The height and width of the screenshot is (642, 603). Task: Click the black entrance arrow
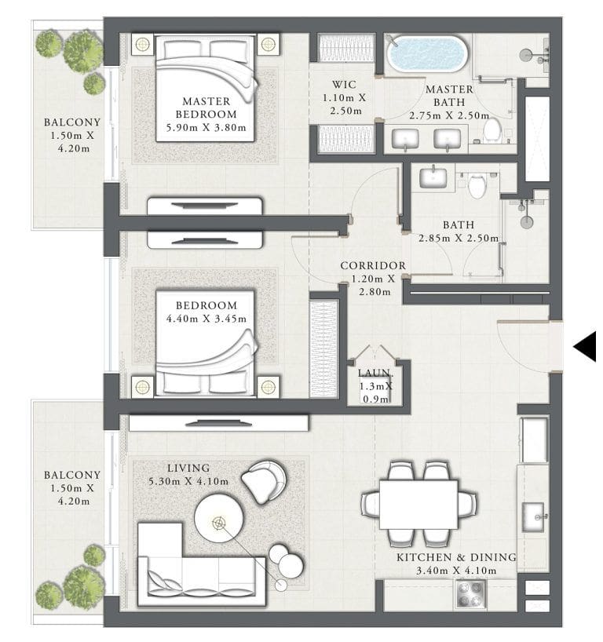pos(585,346)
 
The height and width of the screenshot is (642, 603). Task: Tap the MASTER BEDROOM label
pos(206,108)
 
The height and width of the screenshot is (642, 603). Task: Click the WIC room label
pos(345,84)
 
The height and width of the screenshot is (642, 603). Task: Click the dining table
pos(418,504)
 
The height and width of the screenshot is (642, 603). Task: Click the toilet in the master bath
pos(492,129)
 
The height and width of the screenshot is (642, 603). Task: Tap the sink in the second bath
pos(433,177)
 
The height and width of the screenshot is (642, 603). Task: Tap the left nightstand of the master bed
pos(142,44)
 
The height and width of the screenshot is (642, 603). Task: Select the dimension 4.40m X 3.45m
pos(206,319)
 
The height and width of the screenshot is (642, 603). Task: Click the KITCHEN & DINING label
pos(456,557)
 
